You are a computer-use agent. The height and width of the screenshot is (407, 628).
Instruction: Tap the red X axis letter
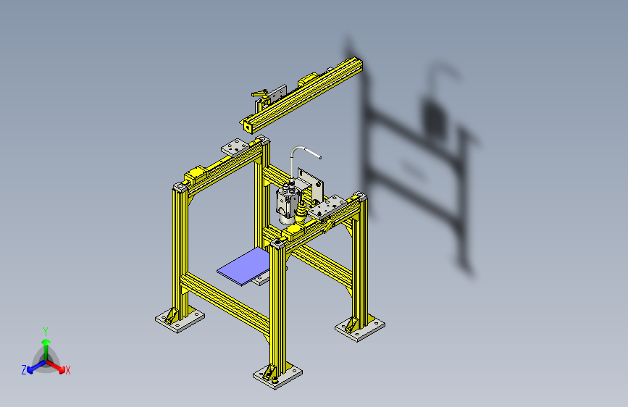68,371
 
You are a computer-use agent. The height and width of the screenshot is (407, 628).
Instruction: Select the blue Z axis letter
24,370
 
